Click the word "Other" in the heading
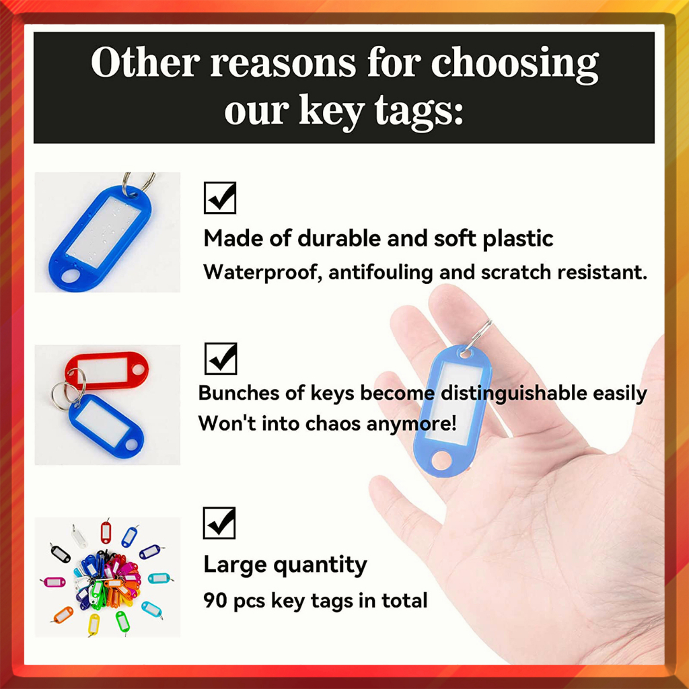pyautogui.click(x=145, y=63)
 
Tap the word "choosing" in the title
pyautogui.click(x=515, y=65)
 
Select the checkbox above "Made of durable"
pyautogui.click(x=220, y=198)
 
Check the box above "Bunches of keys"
pyautogui.click(x=221, y=359)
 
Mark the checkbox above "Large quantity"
pyautogui.click(x=219, y=523)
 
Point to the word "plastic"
pyautogui.click(x=517, y=240)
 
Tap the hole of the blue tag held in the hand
pyautogui.click(x=441, y=460)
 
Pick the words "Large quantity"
pyautogui.click(x=285, y=565)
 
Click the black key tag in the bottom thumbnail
pyautogui.click(x=60, y=553)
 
